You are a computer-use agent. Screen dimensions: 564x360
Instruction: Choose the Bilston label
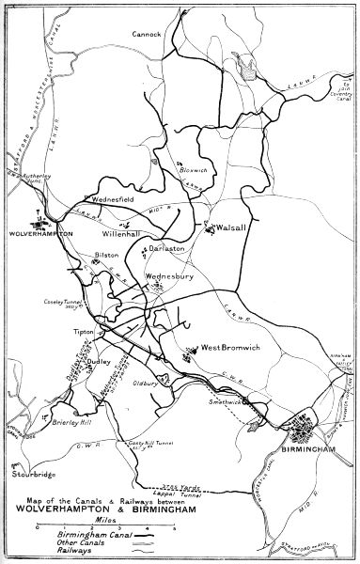point(104,255)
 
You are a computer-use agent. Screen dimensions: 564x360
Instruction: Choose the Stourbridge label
point(29,475)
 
